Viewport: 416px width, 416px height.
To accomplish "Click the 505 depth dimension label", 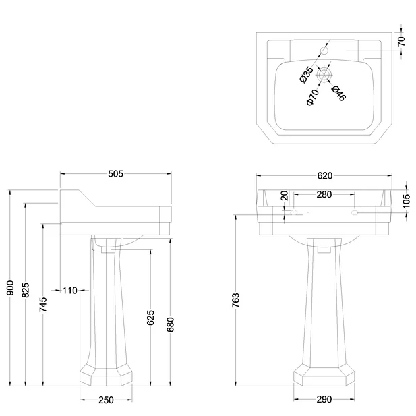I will coord(115,174).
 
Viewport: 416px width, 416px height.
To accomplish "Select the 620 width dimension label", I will coord(324,176).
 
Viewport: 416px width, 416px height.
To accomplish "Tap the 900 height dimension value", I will coord(10,289).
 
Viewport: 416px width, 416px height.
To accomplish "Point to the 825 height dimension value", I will coord(26,289).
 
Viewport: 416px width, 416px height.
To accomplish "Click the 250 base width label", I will coord(106,400).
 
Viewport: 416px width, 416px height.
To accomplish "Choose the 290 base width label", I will coord(324,400).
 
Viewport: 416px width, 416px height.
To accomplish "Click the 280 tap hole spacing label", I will coord(324,195).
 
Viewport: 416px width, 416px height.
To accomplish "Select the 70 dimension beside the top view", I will coord(402,41).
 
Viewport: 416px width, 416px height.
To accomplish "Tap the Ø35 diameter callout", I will coord(305,73).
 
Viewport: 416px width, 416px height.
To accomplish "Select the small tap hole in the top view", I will coord(324,50).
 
